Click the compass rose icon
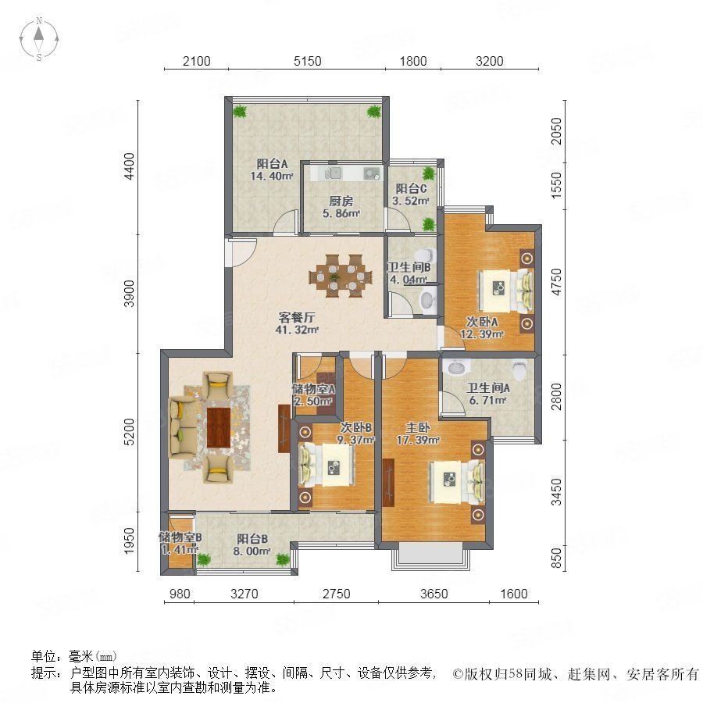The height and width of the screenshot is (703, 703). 39,39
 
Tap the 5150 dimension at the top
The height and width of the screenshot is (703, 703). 308,61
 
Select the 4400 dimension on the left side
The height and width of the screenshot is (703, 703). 129,166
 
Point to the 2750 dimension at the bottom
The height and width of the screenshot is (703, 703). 336,594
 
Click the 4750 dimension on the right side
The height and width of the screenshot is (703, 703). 556,281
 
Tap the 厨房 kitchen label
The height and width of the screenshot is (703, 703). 341,202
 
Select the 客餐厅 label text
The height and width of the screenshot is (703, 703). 297,317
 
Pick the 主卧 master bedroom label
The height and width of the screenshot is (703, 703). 418,428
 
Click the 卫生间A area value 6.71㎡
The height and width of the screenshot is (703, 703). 487,400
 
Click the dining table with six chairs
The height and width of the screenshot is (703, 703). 341,276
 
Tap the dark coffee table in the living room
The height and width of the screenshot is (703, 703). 219,427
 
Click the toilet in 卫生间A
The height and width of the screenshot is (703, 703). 520,370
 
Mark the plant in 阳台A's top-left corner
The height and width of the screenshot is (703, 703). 240,111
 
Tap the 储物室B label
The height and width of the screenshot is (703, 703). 180,537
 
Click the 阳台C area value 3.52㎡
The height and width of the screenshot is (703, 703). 411,201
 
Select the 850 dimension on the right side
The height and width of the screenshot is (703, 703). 556,558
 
